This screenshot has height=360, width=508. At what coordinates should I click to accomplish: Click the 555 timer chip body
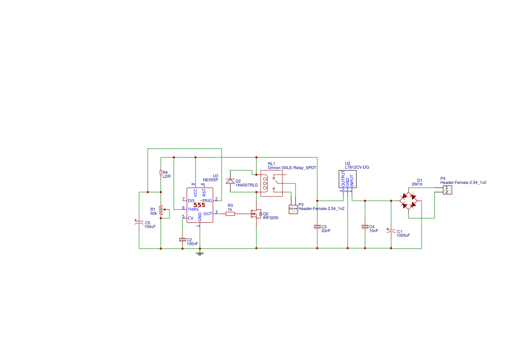click(200, 205)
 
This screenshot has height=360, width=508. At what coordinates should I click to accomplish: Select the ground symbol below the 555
click(200, 254)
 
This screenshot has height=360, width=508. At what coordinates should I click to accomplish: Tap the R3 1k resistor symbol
click(230, 214)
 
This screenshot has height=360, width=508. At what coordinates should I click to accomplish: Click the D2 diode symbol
click(230, 181)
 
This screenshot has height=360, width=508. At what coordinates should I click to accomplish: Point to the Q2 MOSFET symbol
click(256, 214)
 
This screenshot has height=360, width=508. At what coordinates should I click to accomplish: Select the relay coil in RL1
click(266, 183)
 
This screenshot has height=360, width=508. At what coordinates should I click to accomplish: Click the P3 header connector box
click(293, 209)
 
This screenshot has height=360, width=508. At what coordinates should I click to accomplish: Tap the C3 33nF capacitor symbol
click(317, 227)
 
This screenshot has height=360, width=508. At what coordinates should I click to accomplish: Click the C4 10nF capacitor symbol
click(365, 227)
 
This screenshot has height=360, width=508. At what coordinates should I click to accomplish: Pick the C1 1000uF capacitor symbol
click(391, 231)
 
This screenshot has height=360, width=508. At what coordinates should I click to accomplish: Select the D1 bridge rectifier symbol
click(408, 201)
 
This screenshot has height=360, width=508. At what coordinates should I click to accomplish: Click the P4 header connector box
click(448, 190)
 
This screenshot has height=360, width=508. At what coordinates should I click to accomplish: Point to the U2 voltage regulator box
click(348, 179)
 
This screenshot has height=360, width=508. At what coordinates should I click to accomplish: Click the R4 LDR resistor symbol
click(161, 172)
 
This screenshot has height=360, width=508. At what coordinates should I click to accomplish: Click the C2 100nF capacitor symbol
click(183, 240)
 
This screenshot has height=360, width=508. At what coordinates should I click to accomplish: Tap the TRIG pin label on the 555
click(207, 201)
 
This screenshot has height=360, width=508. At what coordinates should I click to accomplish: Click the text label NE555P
click(211, 180)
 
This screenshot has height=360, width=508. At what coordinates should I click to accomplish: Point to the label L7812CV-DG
click(357, 167)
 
